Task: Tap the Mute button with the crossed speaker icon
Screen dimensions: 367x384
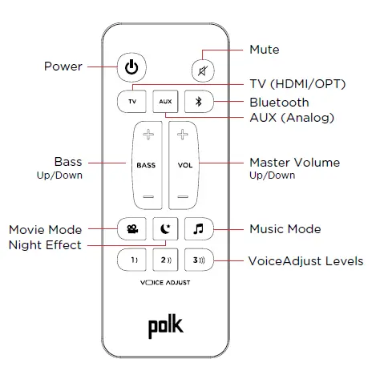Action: click(197, 70)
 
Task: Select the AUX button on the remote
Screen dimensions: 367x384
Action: click(164, 102)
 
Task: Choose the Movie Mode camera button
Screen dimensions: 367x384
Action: click(131, 229)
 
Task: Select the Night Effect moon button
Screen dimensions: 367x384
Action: click(164, 229)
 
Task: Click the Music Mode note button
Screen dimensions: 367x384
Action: click(197, 229)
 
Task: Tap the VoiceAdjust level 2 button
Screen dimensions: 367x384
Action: click(164, 260)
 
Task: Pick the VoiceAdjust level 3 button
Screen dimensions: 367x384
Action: click(197, 260)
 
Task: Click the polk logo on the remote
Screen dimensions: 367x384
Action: click(164, 326)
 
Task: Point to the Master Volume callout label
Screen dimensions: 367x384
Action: click(293, 163)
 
